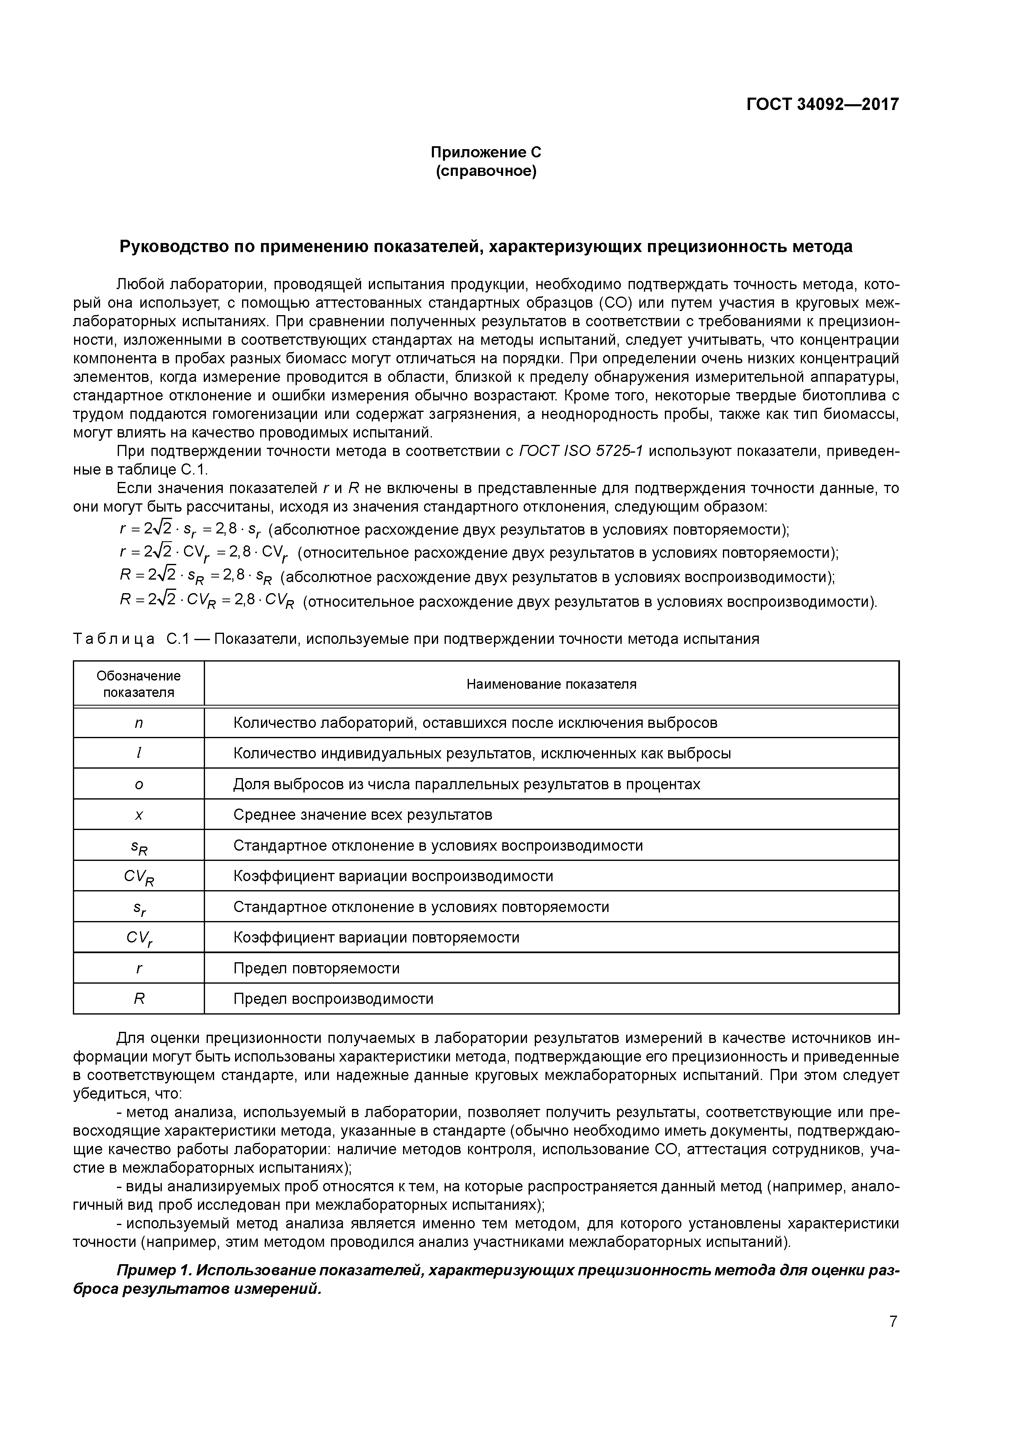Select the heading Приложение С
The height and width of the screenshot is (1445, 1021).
[x=486, y=152]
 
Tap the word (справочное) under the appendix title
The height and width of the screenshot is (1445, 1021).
[x=486, y=171]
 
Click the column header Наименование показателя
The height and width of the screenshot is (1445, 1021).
[x=551, y=684]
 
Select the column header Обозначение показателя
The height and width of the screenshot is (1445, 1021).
[x=138, y=684]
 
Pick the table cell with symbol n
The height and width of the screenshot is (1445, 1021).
[x=138, y=723]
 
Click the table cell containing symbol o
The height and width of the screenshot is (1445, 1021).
[x=138, y=785]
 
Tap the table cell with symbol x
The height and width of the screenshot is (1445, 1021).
[x=138, y=816]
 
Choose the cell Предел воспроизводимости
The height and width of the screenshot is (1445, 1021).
[x=333, y=999]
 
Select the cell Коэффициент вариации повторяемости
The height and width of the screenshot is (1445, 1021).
[x=376, y=938]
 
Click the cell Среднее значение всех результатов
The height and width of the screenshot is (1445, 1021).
[x=362, y=815]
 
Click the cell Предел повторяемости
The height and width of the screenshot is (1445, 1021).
[x=317, y=968]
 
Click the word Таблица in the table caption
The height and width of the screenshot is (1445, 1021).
[x=114, y=639]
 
